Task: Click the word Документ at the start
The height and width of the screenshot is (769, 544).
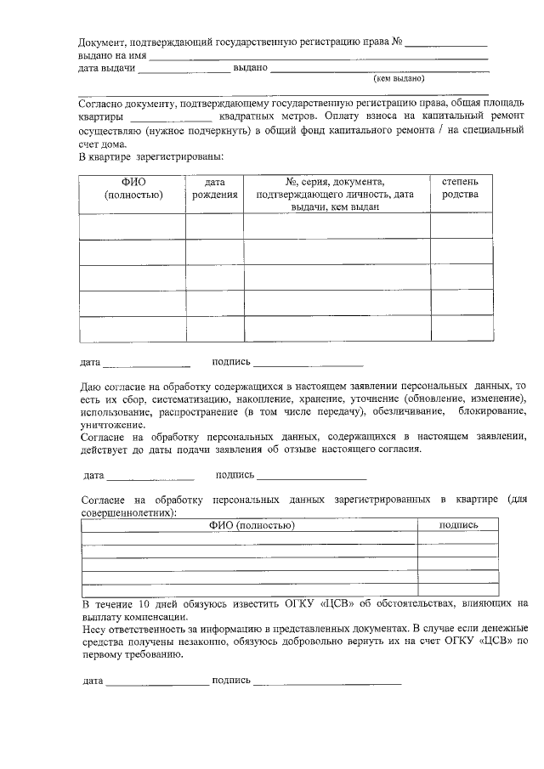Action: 102,42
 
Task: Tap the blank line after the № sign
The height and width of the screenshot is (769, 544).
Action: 445,42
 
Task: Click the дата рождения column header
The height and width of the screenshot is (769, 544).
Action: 214,188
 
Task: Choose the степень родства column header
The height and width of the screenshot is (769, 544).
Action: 460,188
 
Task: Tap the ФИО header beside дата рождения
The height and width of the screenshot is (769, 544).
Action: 133,188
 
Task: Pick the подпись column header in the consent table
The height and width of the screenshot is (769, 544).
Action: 457,525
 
